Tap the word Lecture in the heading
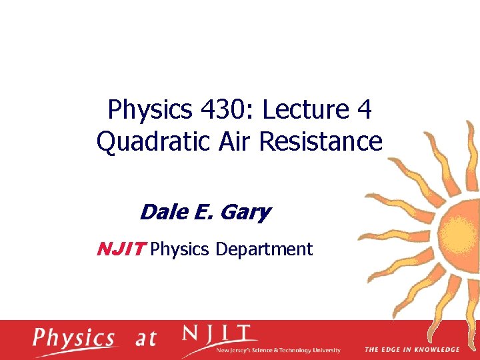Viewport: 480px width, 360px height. coord(305,110)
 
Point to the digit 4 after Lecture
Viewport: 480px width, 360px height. coord(364,110)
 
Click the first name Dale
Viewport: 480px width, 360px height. coord(161,213)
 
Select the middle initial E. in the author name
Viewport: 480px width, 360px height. coord(201,213)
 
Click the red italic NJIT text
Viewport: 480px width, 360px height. coord(121,249)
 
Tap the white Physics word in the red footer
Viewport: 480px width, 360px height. coord(75,339)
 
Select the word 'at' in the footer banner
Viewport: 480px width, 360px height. coord(145,339)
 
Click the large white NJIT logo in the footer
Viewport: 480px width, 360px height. coord(216,333)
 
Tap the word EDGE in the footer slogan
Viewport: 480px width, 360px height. coord(389,349)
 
